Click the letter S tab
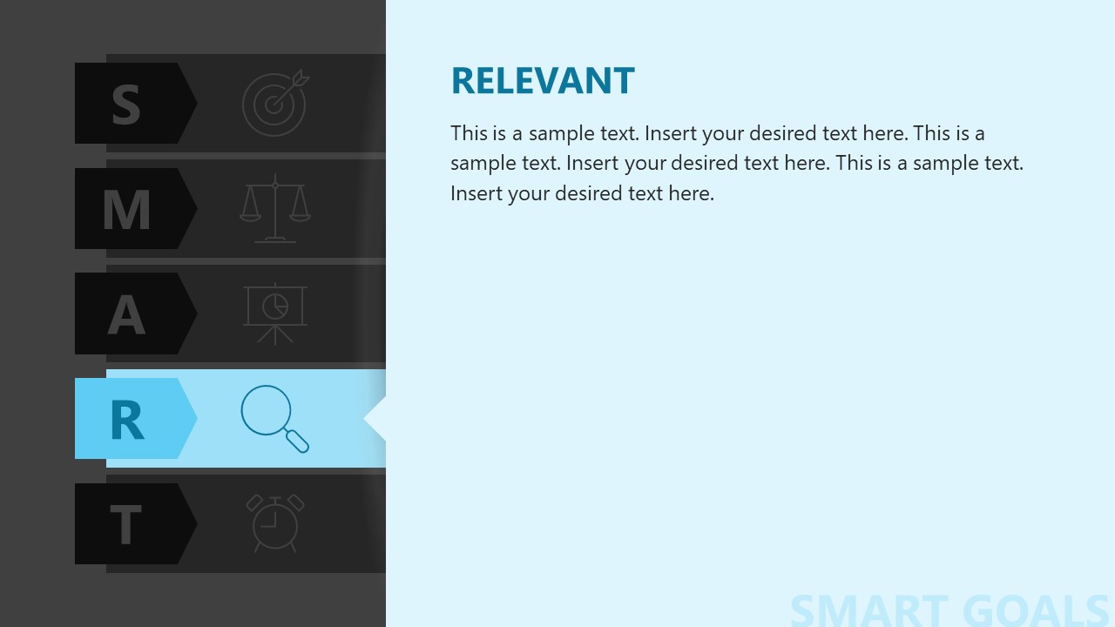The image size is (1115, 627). tap(126, 104)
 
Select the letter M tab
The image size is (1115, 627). tap(126, 209)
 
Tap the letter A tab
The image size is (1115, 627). tap(126, 313)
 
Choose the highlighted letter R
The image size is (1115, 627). tap(126, 419)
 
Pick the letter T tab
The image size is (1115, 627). tap(126, 524)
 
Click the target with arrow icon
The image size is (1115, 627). tap(275, 104)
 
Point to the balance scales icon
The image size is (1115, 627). tap(275, 208)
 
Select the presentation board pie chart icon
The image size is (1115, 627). tap(275, 313)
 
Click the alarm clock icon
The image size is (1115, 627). tap(275, 523)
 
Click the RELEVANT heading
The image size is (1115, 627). tap(543, 81)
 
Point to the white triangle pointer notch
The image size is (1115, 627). tap(375, 419)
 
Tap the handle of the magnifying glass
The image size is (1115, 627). tap(297, 441)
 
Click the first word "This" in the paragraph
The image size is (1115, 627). tap(469, 133)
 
